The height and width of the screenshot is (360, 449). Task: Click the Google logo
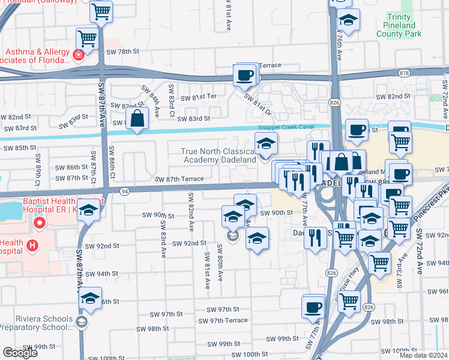(x=20, y=353)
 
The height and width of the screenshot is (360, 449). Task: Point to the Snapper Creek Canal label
(x=286, y=127)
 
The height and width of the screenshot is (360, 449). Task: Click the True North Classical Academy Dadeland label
(x=220, y=155)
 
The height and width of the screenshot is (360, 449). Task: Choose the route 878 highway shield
(x=403, y=73)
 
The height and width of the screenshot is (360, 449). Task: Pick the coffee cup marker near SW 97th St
(x=313, y=307)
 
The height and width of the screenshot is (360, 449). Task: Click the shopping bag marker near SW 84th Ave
(x=138, y=118)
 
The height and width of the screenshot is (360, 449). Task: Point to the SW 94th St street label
(x=101, y=274)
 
